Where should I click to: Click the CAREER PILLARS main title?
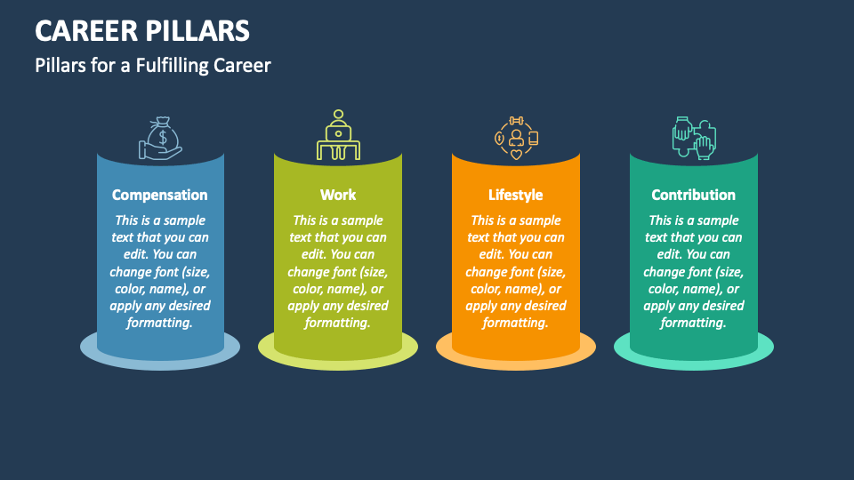tap(142, 30)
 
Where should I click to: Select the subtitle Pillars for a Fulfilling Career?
tap(153, 65)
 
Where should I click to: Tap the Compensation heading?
tap(160, 195)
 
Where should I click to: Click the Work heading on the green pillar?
tap(338, 195)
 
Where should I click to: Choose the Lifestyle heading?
tap(516, 195)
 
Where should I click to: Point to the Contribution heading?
tap(694, 195)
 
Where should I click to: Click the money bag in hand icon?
tap(160, 139)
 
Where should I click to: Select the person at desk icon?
tap(338, 136)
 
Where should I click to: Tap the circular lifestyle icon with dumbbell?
tap(516, 138)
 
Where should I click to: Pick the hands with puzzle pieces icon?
tap(693, 138)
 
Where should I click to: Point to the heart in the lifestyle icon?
tap(516, 154)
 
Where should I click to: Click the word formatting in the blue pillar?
tap(160, 323)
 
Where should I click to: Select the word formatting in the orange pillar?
tap(516, 323)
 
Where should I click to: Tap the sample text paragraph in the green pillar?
tap(338, 271)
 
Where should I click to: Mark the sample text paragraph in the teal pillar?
tap(694, 271)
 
